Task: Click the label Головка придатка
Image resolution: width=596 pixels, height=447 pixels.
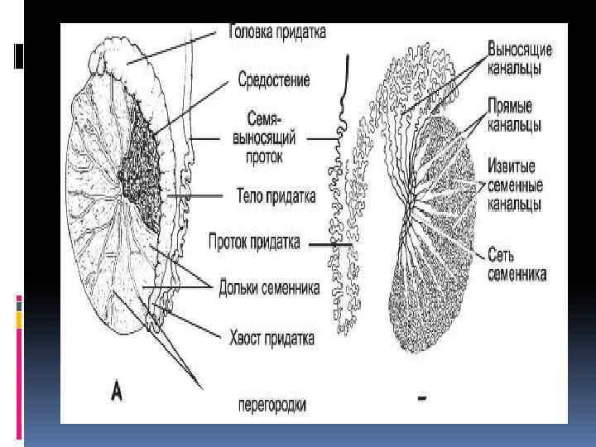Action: [x=276, y=32]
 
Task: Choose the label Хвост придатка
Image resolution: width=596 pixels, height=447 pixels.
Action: [x=271, y=339]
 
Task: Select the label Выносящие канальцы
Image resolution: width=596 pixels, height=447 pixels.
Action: [x=521, y=57]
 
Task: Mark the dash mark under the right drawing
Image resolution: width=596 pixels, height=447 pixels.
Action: [x=422, y=400]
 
